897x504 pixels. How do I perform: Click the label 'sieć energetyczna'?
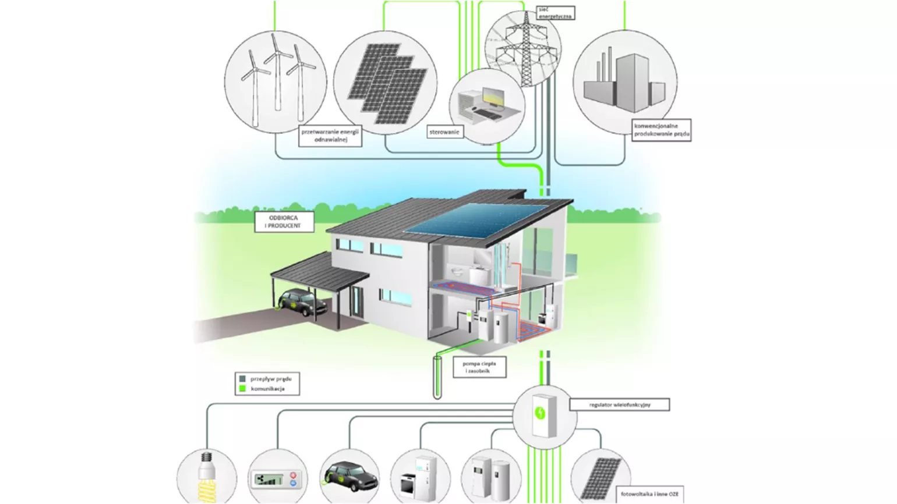tap(555, 13)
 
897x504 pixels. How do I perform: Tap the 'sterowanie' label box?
tap(444, 132)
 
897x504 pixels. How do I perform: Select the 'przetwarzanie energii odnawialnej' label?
tap(330, 136)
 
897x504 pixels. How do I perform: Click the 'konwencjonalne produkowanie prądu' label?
tap(662, 130)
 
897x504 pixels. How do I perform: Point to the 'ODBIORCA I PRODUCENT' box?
tap(284, 222)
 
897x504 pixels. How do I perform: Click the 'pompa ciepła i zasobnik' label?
tap(479, 367)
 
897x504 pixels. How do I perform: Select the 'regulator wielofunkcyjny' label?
tap(619, 404)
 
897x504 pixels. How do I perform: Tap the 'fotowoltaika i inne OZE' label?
tap(649, 494)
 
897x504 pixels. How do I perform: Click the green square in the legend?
tap(243, 388)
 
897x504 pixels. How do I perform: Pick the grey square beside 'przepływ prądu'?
tap(243, 379)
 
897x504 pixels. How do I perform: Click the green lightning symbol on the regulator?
tap(540, 413)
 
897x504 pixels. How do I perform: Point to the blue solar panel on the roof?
tap(476, 221)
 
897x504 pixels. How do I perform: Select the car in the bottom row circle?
tap(350, 475)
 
